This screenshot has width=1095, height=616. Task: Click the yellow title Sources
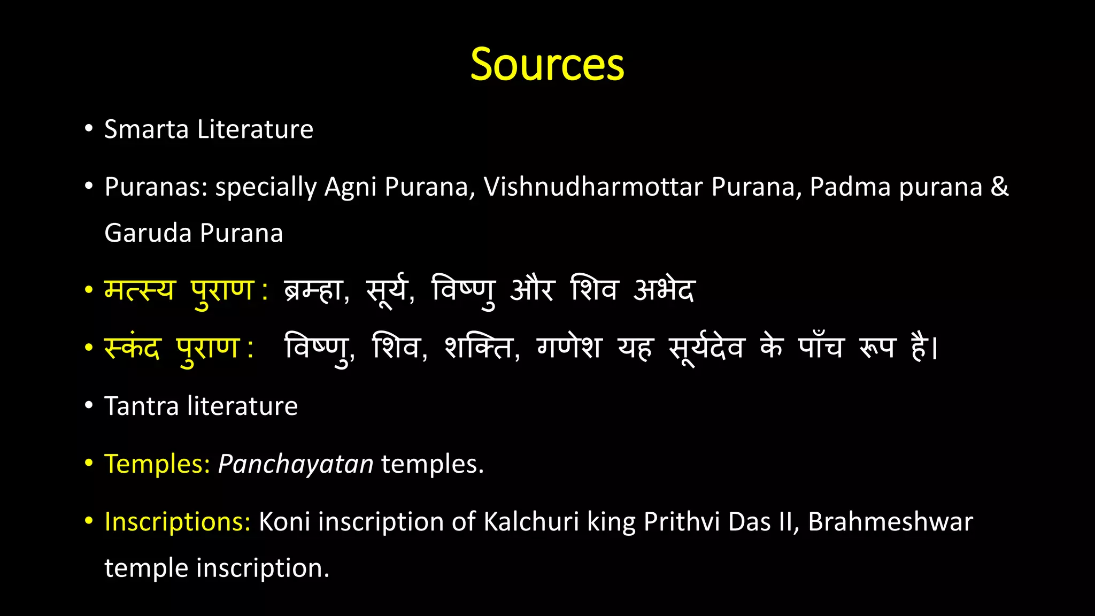(x=547, y=64)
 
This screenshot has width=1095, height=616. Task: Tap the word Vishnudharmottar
(x=593, y=187)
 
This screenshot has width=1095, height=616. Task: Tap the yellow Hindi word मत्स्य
(x=139, y=290)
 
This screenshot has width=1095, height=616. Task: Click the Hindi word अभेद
(x=664, y=290)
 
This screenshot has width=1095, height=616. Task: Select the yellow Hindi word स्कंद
(x=132, y=348)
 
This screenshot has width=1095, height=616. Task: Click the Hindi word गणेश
(x=569, y=348)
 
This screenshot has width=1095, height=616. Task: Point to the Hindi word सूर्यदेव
(x=706, y=348)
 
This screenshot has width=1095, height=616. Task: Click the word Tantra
(x=141, y=406)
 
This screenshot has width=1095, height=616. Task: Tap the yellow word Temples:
(x=157, y=464)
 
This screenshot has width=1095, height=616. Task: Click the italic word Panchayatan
(x=296, y=464)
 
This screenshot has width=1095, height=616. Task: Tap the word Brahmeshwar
(x=890, y=521)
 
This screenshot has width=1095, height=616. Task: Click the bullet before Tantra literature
(x=89, y=406)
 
